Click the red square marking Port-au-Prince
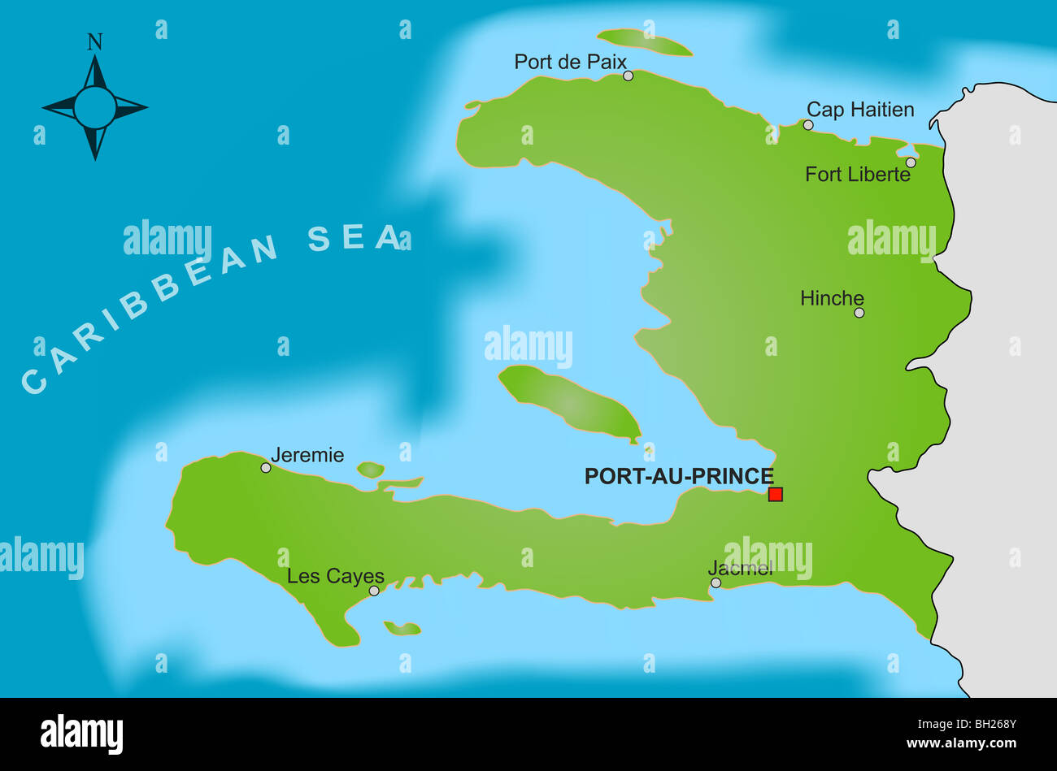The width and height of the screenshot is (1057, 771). (x=776, y=494)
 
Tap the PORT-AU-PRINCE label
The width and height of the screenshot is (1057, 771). (x=678, y=477)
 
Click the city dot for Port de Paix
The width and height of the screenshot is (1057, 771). (x=628, y=76)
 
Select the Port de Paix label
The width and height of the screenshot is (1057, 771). (x=570, y=62)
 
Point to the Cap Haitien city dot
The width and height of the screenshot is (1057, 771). (x=808, y=125)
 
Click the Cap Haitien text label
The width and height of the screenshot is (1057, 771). (x=860, y=110)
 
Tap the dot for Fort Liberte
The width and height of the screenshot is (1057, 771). (x=911, y=162)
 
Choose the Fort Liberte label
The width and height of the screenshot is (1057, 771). (x=857, y=175)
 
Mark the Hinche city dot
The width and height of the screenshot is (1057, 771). (x=859, y=313)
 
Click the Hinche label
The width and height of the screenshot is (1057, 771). (x=831, y=298)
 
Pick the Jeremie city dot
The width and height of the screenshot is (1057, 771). (x=266, y=468)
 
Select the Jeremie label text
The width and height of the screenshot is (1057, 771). (x=307, y=455)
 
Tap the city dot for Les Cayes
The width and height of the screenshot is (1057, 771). (x=374, y=591)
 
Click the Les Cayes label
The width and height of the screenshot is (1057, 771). (x=335, y=576)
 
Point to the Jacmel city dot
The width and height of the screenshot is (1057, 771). (x=716, y=583)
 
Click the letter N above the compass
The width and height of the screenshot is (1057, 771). (x=95, y=41)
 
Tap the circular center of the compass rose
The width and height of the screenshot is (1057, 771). (x=95, y=107)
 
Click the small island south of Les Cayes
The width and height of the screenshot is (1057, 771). (x=402, y=628)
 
